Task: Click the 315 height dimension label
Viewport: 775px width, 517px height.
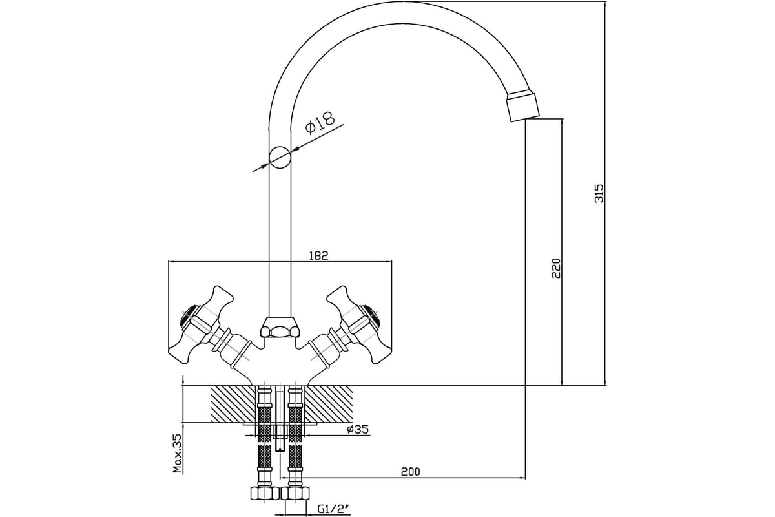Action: coord(599,193)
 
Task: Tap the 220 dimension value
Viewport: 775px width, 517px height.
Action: coord(556,268)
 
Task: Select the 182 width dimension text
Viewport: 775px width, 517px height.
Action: coord(318,255)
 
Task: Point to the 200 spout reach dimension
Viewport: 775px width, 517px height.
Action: coord(410,471)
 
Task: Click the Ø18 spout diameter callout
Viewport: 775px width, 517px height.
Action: coord(320,123)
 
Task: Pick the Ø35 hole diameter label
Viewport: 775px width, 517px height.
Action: coord(358,429)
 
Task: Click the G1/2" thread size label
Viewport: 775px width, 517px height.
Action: coord(332,509)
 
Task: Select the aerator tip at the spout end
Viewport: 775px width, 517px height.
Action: coord(522,107)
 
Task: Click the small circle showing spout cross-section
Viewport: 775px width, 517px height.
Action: coord(280,158)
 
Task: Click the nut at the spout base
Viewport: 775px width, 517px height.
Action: coord(280,327)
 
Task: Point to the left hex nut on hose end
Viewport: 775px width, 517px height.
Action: coord(264,492)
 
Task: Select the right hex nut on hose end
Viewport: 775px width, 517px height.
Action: coord(295,492)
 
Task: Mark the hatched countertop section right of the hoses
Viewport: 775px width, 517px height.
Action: coord(329,403)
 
